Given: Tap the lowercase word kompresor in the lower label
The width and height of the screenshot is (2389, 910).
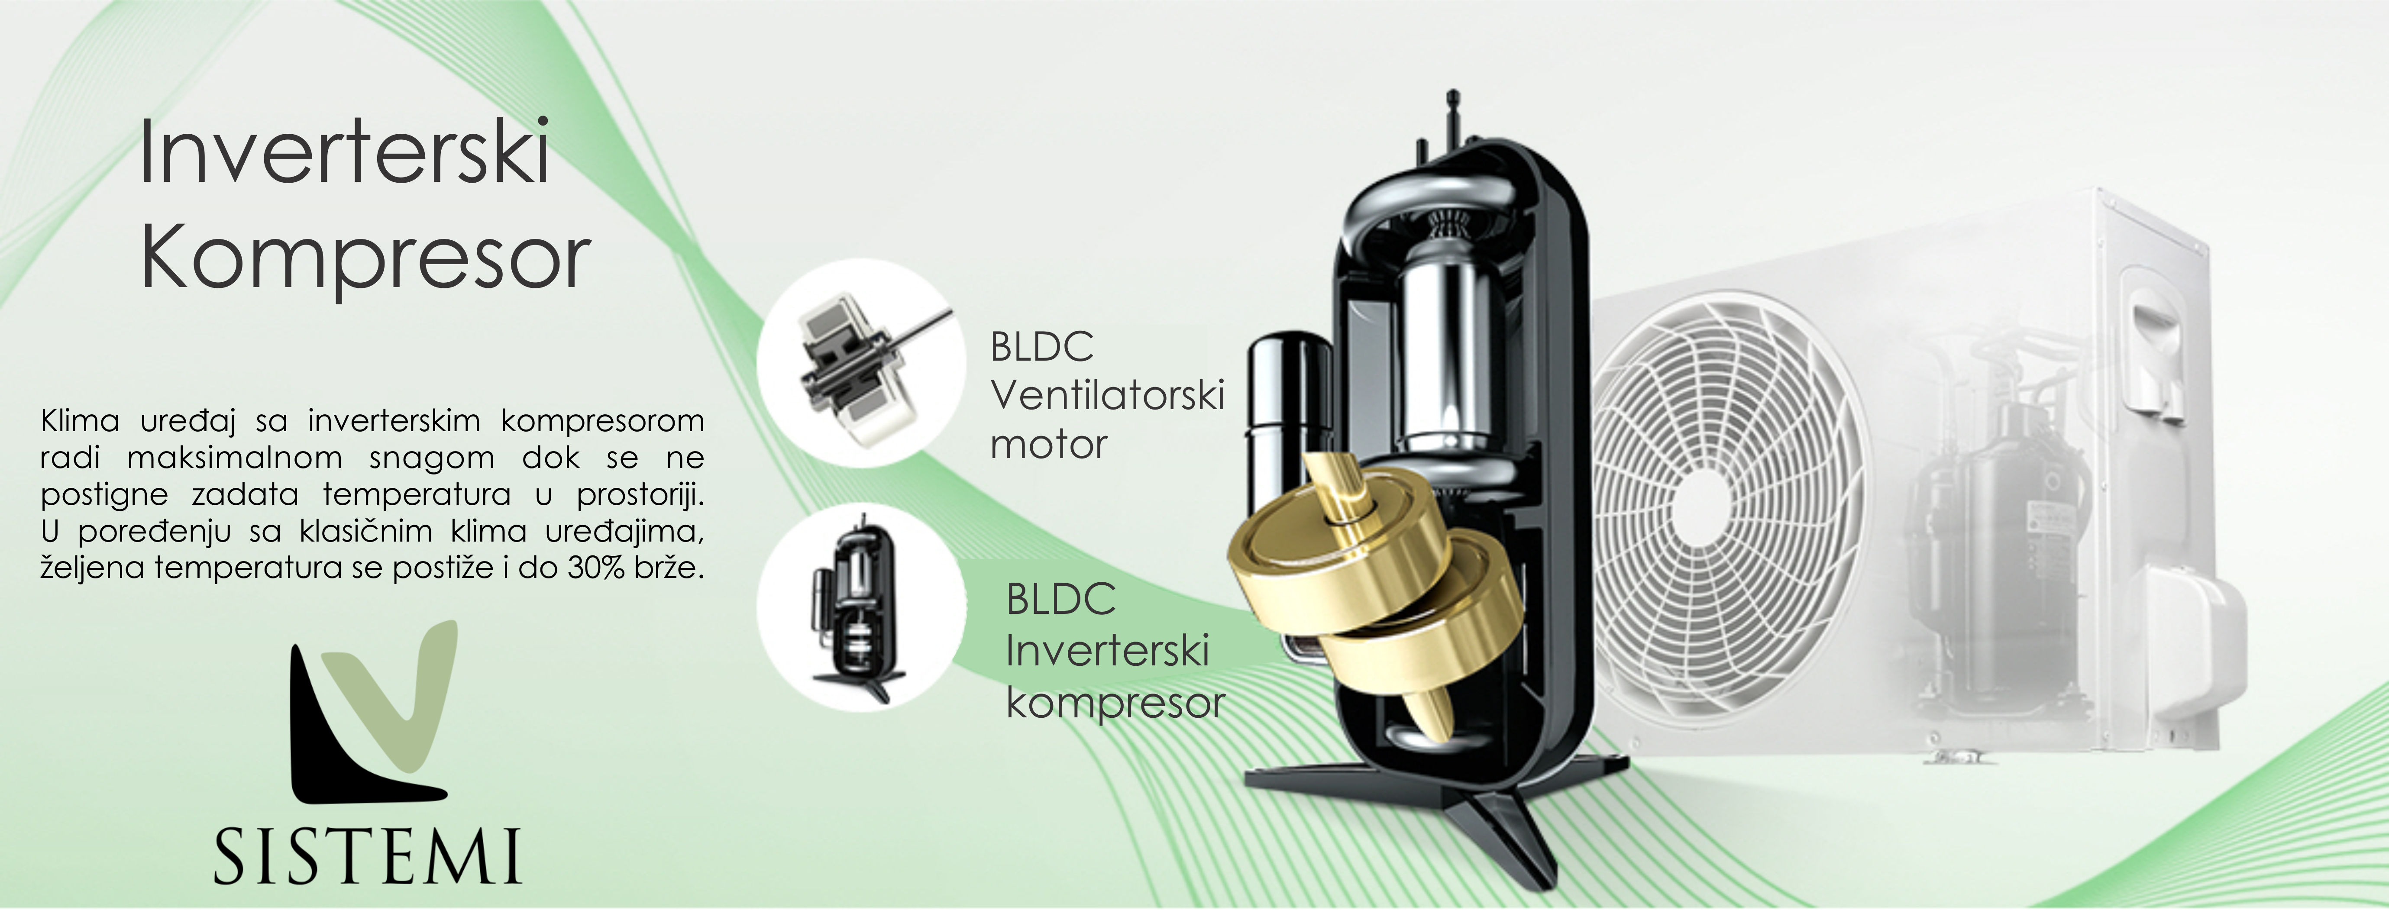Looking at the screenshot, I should point(1115,703).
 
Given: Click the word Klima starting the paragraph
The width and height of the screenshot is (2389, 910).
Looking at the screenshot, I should point(80,421).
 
